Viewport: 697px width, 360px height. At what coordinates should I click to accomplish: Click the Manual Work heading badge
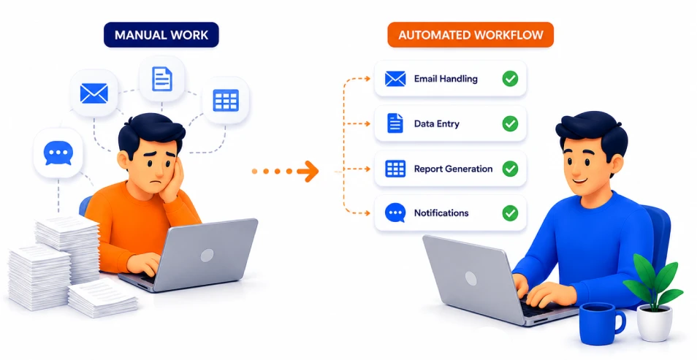click(161, 34)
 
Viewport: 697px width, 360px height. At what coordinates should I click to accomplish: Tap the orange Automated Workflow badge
click(471, 34)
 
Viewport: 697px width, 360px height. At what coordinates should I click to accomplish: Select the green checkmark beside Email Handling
click(510, 79)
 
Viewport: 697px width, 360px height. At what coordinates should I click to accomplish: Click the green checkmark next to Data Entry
click(510, 123)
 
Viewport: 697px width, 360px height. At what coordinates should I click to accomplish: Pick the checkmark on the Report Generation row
click(510, 169)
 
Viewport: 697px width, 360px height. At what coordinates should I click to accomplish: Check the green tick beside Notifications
click(510, 213)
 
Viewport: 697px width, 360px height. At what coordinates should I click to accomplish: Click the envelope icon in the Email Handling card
click(395, 79)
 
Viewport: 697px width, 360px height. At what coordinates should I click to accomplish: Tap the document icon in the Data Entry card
click(395, 123)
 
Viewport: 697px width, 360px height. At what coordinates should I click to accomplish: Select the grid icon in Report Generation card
click(395, 169)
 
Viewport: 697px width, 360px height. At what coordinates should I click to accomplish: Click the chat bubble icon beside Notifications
click(395, 212)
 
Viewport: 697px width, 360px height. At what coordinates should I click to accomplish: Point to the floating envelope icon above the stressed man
click(94, 93)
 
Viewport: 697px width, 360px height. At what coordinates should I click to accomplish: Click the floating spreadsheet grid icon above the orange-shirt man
click(226, 100)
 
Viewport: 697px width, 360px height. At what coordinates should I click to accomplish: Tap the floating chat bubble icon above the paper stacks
click(58, 153)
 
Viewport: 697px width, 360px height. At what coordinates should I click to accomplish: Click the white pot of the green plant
click(655, 323)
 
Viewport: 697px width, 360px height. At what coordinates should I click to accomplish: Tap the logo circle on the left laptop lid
click(207, 255)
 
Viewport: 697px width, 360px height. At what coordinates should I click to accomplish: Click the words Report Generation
click(453, 169)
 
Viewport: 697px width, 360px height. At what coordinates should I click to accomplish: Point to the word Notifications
click(441, 213)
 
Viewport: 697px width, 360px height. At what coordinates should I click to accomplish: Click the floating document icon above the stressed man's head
click(161, 79)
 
